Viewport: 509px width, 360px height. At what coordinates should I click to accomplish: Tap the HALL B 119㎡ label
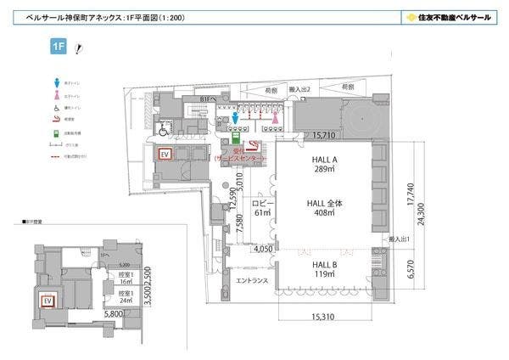(x=322, y=269)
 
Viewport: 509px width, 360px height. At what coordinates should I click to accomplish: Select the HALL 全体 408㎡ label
(x=322, y=208)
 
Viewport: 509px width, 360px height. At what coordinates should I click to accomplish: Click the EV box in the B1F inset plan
(x=48, y=301)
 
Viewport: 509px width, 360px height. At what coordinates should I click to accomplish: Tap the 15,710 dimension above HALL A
(x=329, y=135)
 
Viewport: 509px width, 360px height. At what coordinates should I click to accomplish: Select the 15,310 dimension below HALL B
(x=323, y=318)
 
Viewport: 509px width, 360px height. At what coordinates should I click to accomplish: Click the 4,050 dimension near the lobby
(x=263, y=250)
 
